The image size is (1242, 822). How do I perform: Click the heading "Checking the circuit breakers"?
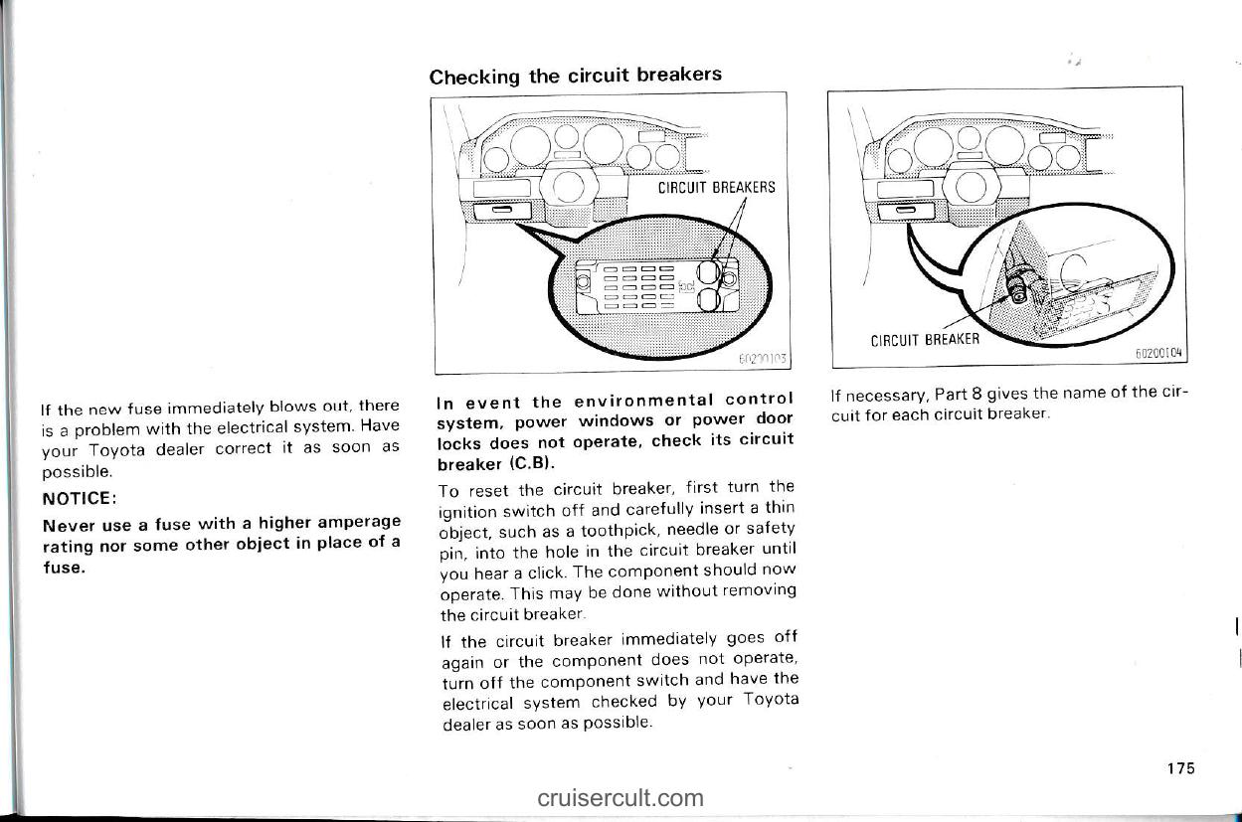click(x=575, y=76)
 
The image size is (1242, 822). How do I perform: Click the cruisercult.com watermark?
click(x=621, y=797)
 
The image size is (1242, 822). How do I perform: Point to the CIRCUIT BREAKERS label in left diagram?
click(x=716, y=187)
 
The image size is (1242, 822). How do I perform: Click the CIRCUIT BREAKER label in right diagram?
click(x=925, y=339)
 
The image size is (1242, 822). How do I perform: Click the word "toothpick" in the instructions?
click(x=623, y=527)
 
